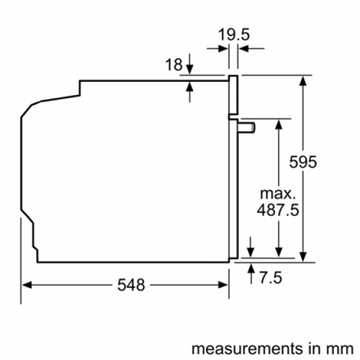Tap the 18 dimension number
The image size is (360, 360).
(173, 64)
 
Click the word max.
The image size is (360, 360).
(278, 194)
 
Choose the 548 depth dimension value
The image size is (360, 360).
(131, 285)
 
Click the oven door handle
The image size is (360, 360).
(246, 126)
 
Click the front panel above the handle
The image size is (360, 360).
(232, 95)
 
